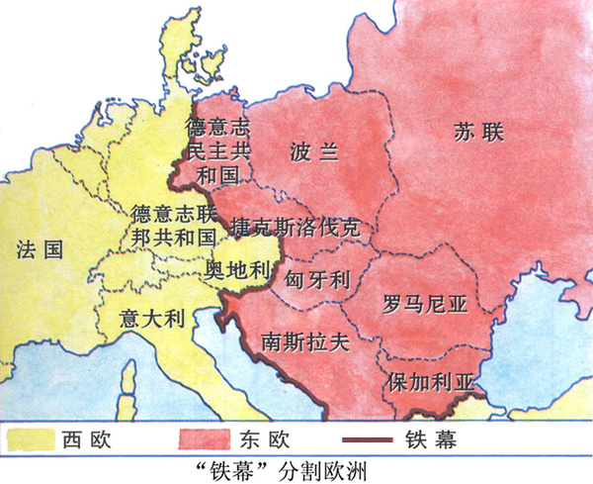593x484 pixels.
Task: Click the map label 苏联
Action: click(x=478, y=130)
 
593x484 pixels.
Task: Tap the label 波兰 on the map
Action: click(x=314, y=151)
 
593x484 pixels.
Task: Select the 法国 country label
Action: click(x=40, y=249)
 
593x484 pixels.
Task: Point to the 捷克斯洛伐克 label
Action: click(x=295, y=227)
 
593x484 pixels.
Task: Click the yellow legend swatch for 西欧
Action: click(x=29, y=436)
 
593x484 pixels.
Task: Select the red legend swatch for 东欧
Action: click(x=203, y=436)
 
